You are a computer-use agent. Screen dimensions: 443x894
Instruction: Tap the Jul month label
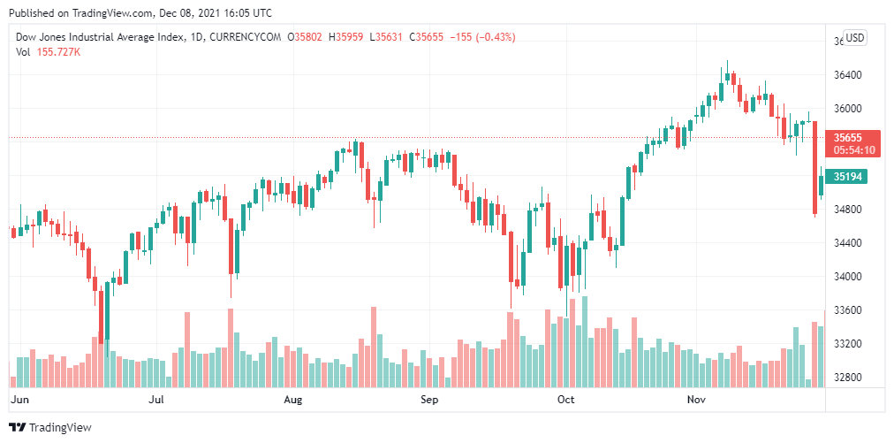click(x=156, y=400)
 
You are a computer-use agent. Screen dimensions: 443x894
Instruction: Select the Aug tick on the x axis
click(x=293, y=400)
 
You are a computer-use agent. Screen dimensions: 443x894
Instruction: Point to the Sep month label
click(x=429, y=400)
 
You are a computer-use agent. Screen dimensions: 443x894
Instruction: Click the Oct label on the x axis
click(x=566, y=400)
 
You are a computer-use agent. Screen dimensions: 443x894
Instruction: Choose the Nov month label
click(x=698, y=400)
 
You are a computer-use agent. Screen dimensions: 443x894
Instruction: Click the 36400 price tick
click(x=848, y=75)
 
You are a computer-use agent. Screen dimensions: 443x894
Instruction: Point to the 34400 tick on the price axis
click(x=848, y=243)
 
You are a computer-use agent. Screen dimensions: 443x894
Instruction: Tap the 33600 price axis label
click(x=848, y=310)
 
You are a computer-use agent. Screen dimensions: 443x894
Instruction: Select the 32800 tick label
click(x=848, y=378)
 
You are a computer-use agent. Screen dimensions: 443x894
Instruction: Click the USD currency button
click(x=855, y=37)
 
